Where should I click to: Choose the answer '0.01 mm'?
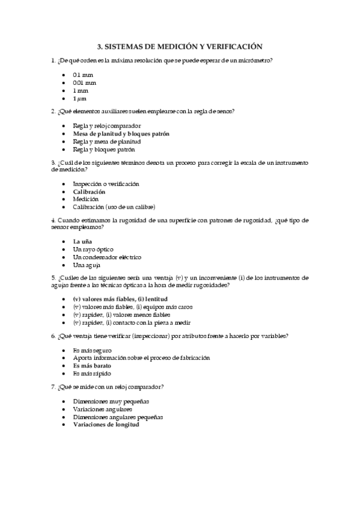point(84,82)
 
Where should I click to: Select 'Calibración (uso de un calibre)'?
point(114,207)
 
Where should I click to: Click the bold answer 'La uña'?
point(83,241)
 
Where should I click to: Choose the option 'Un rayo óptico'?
point(93,249)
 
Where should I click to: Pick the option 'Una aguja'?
point(87,265)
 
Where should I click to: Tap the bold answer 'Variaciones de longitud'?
point(106,424)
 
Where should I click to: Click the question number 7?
point(53,386)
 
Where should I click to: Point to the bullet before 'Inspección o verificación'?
point(64,183)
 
